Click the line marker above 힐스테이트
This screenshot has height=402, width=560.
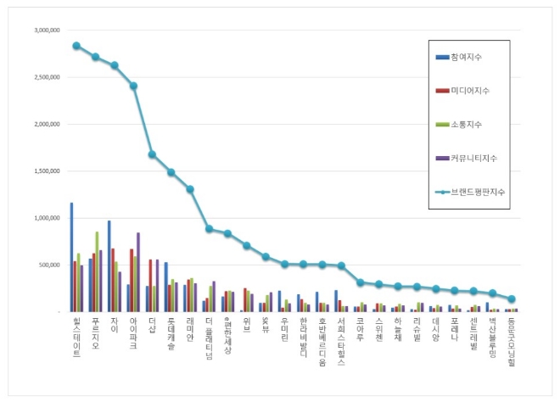[x=76, y=46]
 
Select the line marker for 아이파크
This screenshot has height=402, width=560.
[x=133, y=86]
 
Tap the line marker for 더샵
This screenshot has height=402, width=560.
[x=152, y=154]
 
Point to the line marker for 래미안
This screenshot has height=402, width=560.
[x=190, y=189]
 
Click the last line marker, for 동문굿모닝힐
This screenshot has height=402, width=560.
[x=512, y=299]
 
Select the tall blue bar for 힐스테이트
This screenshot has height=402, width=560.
[x=71, y=257]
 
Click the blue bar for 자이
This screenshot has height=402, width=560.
[x=109, y=266]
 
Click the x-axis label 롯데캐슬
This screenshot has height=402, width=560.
[x=171, y=331]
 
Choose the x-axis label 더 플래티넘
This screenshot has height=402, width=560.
[x=209, y=334]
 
